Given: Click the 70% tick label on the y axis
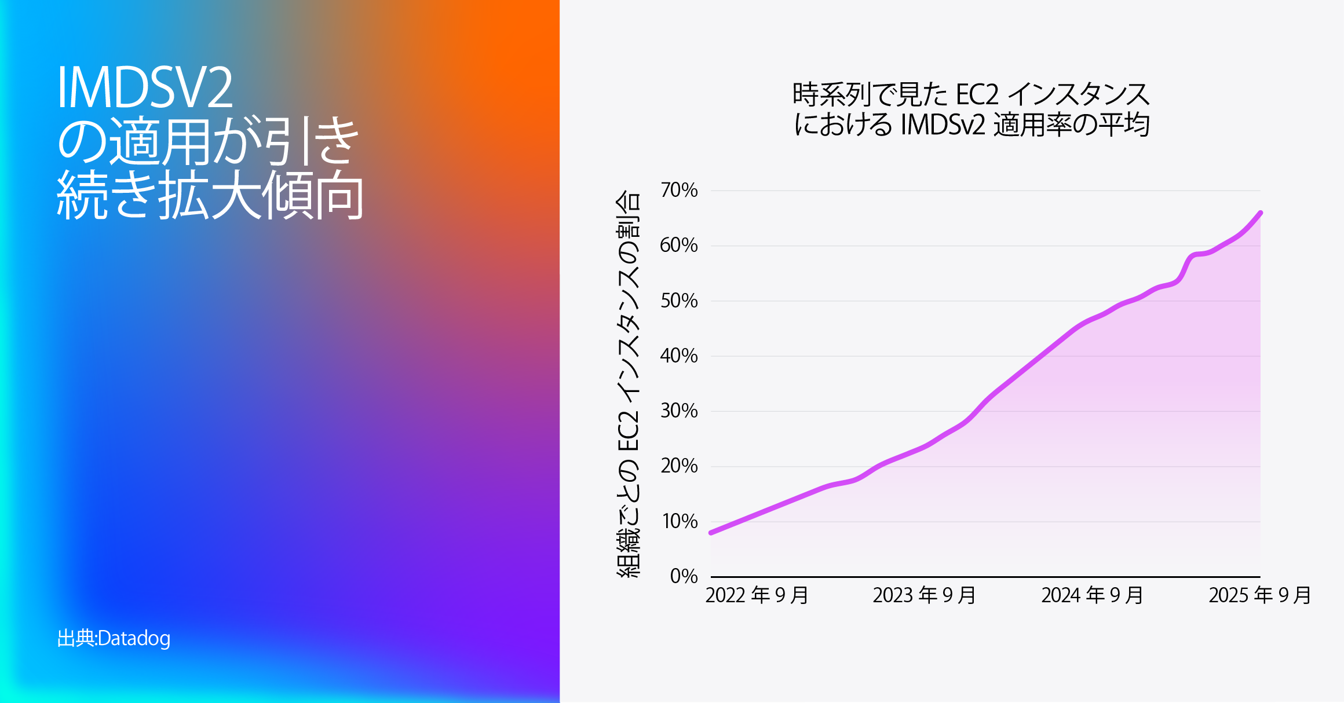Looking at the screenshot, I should click(x=679, y=190).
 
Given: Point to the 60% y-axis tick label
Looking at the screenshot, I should click(x=679, y=245).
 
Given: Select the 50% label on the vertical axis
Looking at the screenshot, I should click(x=679, y=301).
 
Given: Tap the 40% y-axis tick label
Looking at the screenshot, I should click(x=679, y=356).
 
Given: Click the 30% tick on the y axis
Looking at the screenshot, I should click(x=679, y=411).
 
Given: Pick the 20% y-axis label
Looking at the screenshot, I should click(x=679, y=466).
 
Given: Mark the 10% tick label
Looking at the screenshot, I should click(x=679, y=521).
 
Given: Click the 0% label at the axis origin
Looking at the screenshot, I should click(x=684, y=576).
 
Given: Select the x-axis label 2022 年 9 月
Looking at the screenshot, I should click(x=757, y=595).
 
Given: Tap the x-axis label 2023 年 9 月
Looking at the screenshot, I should click(x=924, y=595).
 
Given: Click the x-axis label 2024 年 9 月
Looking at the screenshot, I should click(x=1092, y=595).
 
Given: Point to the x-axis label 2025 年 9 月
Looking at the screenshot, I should click(x=1259, y=595).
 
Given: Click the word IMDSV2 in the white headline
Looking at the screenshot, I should click(x=145, y=88).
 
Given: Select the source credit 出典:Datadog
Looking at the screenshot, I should click(x=114, y=638).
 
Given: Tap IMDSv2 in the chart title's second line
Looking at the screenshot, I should click(x=943, y=125).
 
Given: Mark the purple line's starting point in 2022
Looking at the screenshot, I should click(x=711, y=532).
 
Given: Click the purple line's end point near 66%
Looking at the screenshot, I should click(x=1260, y=213).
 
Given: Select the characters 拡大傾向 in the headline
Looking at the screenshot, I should click(x=261, y=196).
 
